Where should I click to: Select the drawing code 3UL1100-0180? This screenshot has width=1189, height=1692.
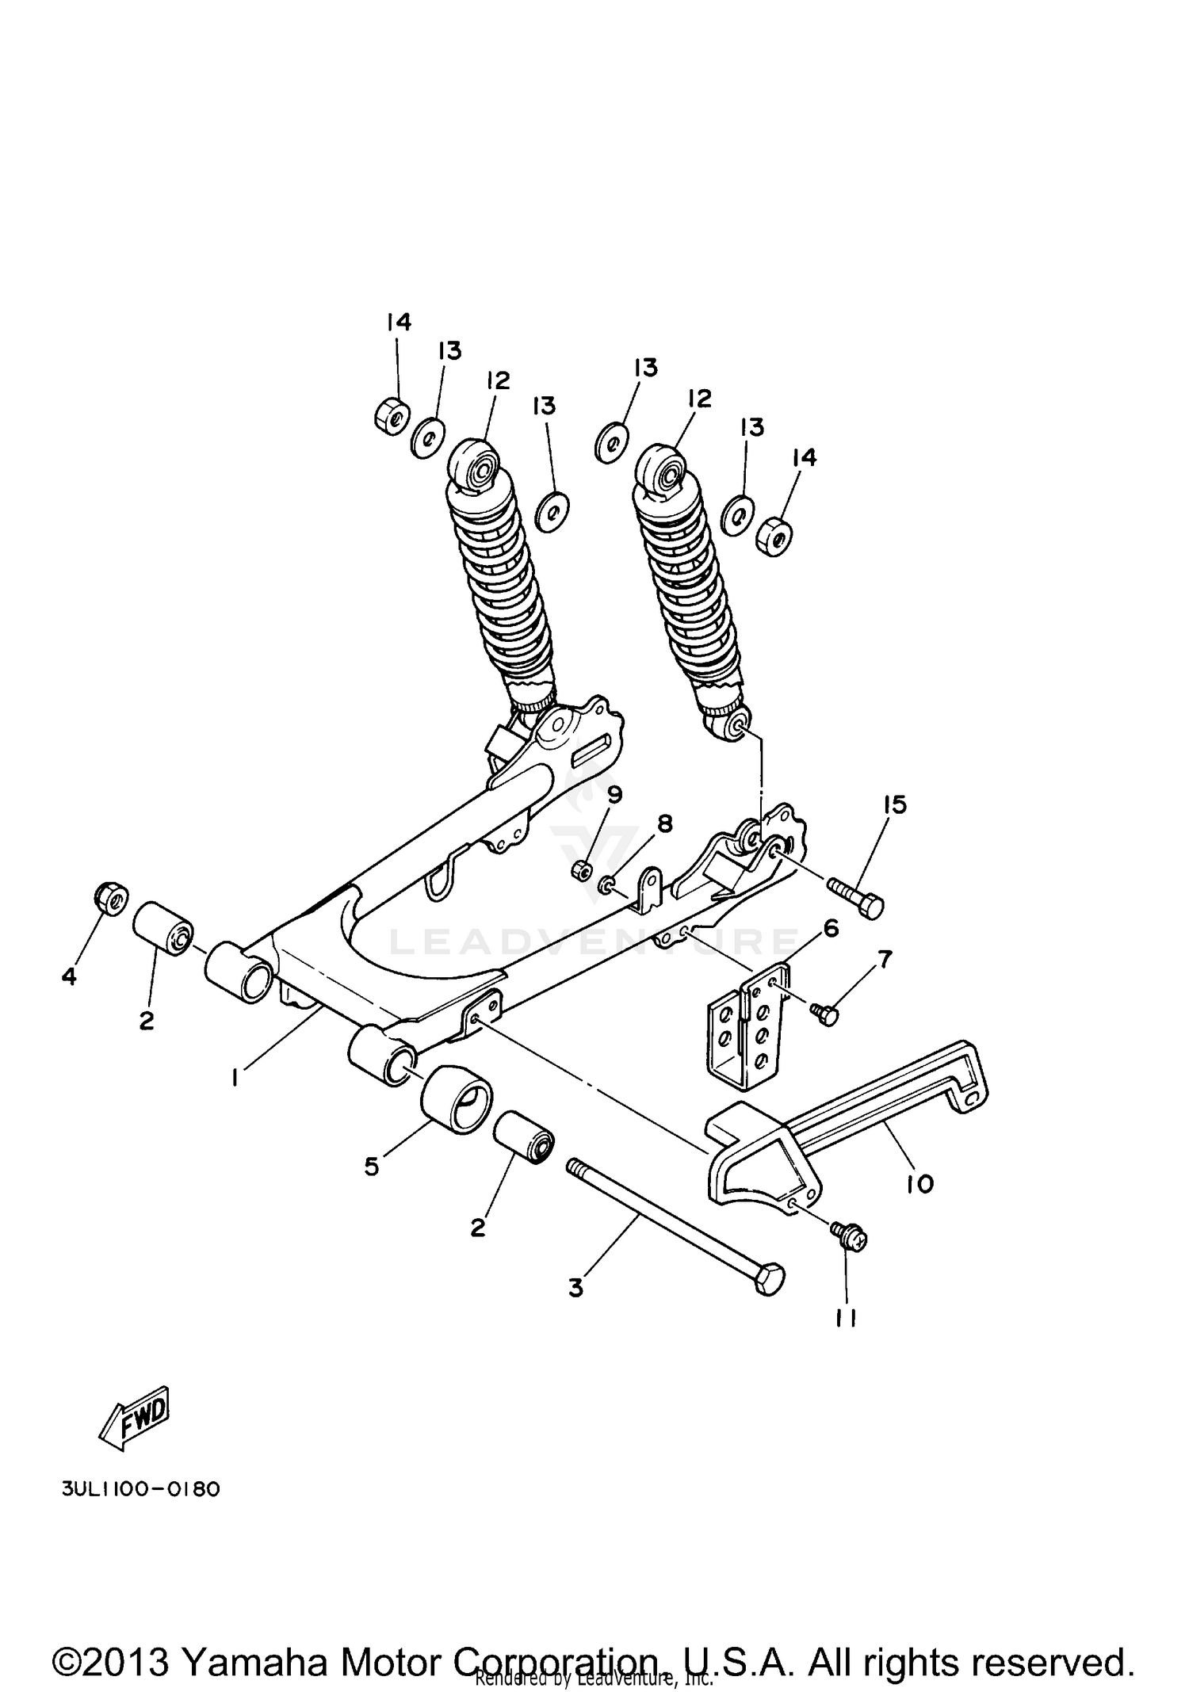click(140, 1489)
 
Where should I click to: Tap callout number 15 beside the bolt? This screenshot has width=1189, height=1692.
click(893, 805)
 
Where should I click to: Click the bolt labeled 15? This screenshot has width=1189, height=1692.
click(856, 896)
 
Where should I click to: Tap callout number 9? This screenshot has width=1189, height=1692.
click(615, 794)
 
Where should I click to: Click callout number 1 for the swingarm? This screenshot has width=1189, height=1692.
click(235, 1078)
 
